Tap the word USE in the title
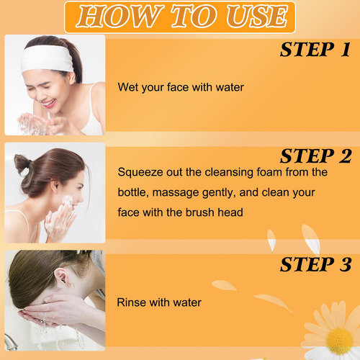coord(257,17)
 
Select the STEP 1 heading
coord(315,50)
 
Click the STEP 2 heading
coord(316,156)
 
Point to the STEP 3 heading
coord(316,264)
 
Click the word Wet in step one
coord(128,87)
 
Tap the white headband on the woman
coord(47,58)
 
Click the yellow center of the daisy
coord(340,341)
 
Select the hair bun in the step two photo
coord(23,166)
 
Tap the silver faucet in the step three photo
coord(10,343)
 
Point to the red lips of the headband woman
coord(49,104)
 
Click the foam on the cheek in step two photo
coord(67,200)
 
